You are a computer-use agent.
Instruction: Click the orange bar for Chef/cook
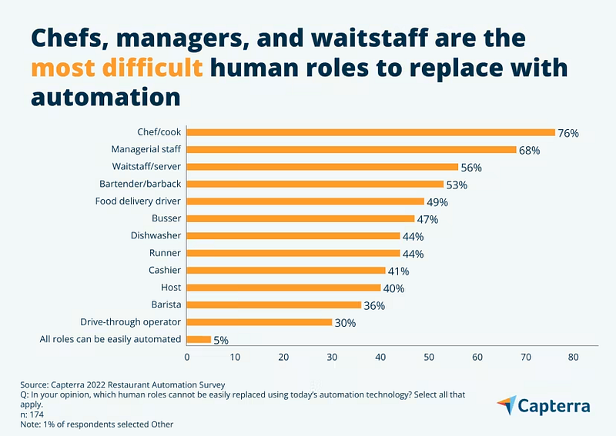click(370, 132)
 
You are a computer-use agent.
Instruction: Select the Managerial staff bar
click(351, 149)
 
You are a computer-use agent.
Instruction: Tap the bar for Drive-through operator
click(259, 322)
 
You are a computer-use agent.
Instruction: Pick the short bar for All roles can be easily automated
click(199, 339)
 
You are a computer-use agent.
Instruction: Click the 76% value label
click(568, 133)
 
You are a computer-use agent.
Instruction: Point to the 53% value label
click(457, 185)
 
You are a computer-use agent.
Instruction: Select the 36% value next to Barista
click(374, 305)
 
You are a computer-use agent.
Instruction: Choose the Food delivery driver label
click(138, 201)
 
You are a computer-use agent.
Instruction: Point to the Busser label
click(166, 218)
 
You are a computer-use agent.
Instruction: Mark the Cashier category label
click(165, 270)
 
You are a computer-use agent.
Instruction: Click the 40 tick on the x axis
click(380, 357)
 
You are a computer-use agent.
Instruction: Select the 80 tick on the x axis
click(574, 357)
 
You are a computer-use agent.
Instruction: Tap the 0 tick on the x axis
click(187, 357)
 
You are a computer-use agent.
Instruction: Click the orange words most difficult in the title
click(118, 68)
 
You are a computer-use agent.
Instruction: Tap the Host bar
click(283, 288)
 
